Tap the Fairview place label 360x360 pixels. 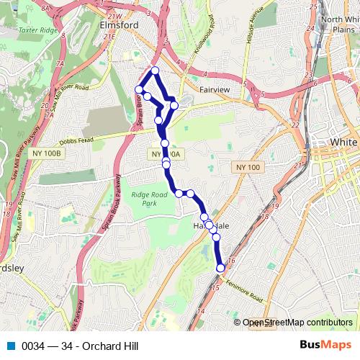coord(214,90)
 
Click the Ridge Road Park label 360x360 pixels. coord(149,199)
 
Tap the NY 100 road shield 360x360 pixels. coord(247,167)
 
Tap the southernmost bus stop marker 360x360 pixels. coord(220,268)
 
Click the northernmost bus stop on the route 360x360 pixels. coord(154,71)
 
